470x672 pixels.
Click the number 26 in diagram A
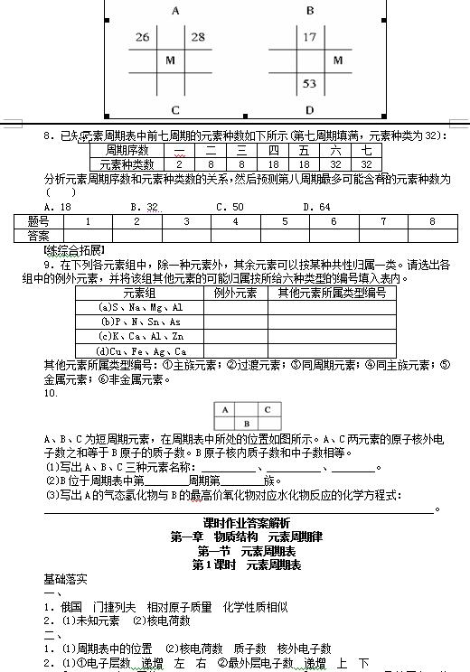tap(143, 37)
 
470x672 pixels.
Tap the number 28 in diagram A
tap(198, 37)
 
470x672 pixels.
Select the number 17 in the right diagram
tap(310, 37)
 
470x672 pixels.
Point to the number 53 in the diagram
tap(310, 84)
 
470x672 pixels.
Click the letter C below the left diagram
tap(175, 110)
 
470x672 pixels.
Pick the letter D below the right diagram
tap(310, 110)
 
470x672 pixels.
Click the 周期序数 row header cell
tap(127, 151)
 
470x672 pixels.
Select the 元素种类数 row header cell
tap(127, 164)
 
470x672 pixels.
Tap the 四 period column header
tap(273, 151)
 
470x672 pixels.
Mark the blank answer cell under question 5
tap(285, 235)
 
